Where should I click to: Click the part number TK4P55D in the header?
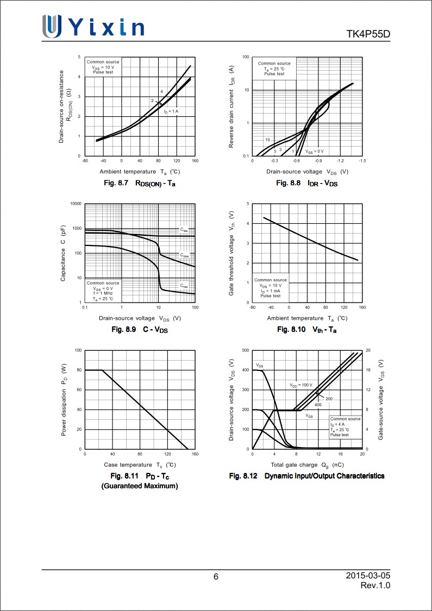pyautogui.click(x=368, y=35)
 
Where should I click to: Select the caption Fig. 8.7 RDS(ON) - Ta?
pyautogui.click(x=139, y=183)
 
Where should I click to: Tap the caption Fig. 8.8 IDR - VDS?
pyautogui.click(x=306, y=183)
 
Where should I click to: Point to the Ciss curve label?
pyautogui.click(x=184, y=230)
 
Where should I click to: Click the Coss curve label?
pyautogui.click(x=184, y=255)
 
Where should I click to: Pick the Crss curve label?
pyautogui.click(x=184, y=285)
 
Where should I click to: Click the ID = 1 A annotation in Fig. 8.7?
pyautogui.click(x=171, y=111)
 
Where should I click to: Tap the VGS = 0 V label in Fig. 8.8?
pyautogui.click(x=314, y=151)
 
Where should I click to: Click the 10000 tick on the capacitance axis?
pyautogui.click(x=76, y=204)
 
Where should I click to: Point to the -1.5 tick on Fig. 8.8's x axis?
pyautogui.click(x=362, y=161)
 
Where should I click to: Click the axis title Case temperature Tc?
pyautogui.click(x=140, y=465)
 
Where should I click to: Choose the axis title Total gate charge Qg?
pyautogui.click(x=307, y=465)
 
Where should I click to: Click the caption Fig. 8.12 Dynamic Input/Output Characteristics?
pyautogui.click(x=306, y=476)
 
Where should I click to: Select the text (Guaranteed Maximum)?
pyautogui.click(x=140, y=486)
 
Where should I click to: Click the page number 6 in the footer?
pyautogui.click(x=216, y=577)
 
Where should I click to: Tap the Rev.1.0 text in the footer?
pyautogui.click(x=375, y=585)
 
